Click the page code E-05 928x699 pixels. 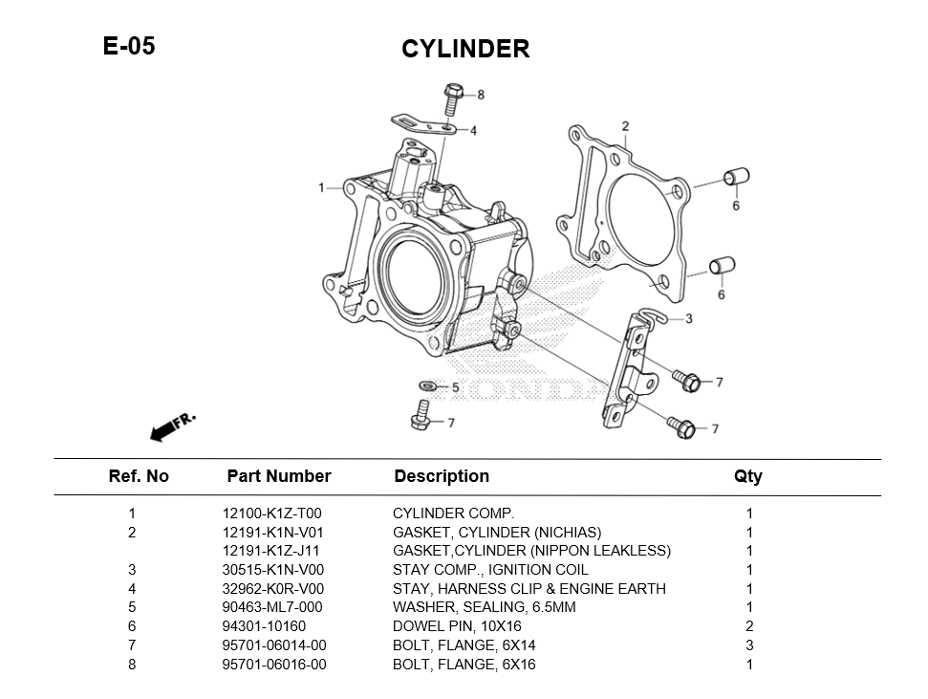pos(129,46)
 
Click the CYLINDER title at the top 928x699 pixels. pos(464,49)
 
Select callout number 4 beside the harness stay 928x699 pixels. pos(473,130)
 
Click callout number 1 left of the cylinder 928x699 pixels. pos(322,187)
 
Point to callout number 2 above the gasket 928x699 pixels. pos(625,126)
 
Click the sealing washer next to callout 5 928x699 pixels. pos(428,386)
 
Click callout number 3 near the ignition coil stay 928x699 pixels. pos(689,318)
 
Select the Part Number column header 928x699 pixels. pos(278,476)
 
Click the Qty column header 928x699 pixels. pos(747,476)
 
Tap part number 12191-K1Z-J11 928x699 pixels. pos(270,551)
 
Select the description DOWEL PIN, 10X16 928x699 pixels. pos(457,626)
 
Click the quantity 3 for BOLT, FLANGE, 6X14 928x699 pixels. pos(749,645)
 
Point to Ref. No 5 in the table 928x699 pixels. pos(132,607)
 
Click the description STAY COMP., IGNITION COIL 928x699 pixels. pos(490,570)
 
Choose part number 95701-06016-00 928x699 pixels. pos(274,664)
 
